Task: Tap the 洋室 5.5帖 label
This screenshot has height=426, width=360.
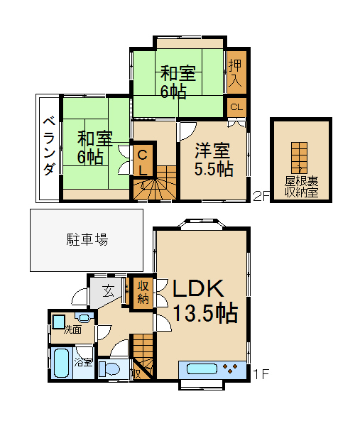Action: point(214,159)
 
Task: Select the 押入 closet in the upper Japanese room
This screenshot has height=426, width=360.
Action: point(236,71)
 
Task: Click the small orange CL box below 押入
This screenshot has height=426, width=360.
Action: point(236,107)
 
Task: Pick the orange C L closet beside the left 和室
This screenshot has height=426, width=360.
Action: point(142,163)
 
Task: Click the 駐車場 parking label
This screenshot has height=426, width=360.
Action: point(92,239)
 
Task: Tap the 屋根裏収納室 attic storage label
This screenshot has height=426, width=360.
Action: point(301,187)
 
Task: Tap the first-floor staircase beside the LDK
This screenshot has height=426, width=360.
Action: point(143,351)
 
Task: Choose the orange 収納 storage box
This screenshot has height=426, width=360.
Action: point(142,291)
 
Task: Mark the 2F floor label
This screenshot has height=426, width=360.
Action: point(261,197)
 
